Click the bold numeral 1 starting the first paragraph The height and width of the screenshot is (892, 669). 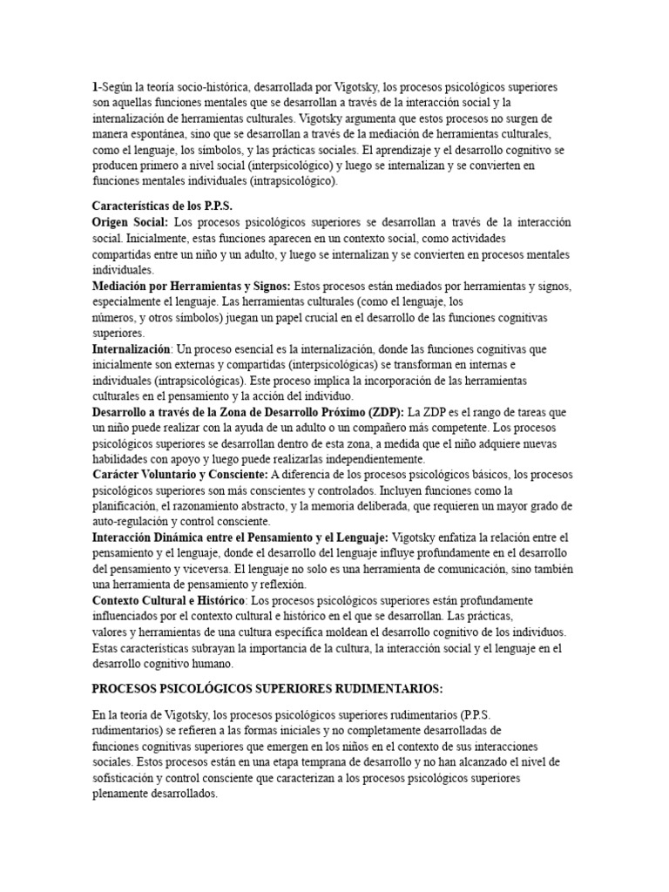click(x=95, y=87)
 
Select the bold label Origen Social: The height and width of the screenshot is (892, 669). click(x=130, y=222)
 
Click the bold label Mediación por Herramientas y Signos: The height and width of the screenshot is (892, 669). click(x=192, y=286)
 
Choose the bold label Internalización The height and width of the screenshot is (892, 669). click(x=131, y=348)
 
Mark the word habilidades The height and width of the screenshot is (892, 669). click(x=122, y=459)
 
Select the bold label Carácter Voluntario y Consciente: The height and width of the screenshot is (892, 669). click(x=180, y=475)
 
